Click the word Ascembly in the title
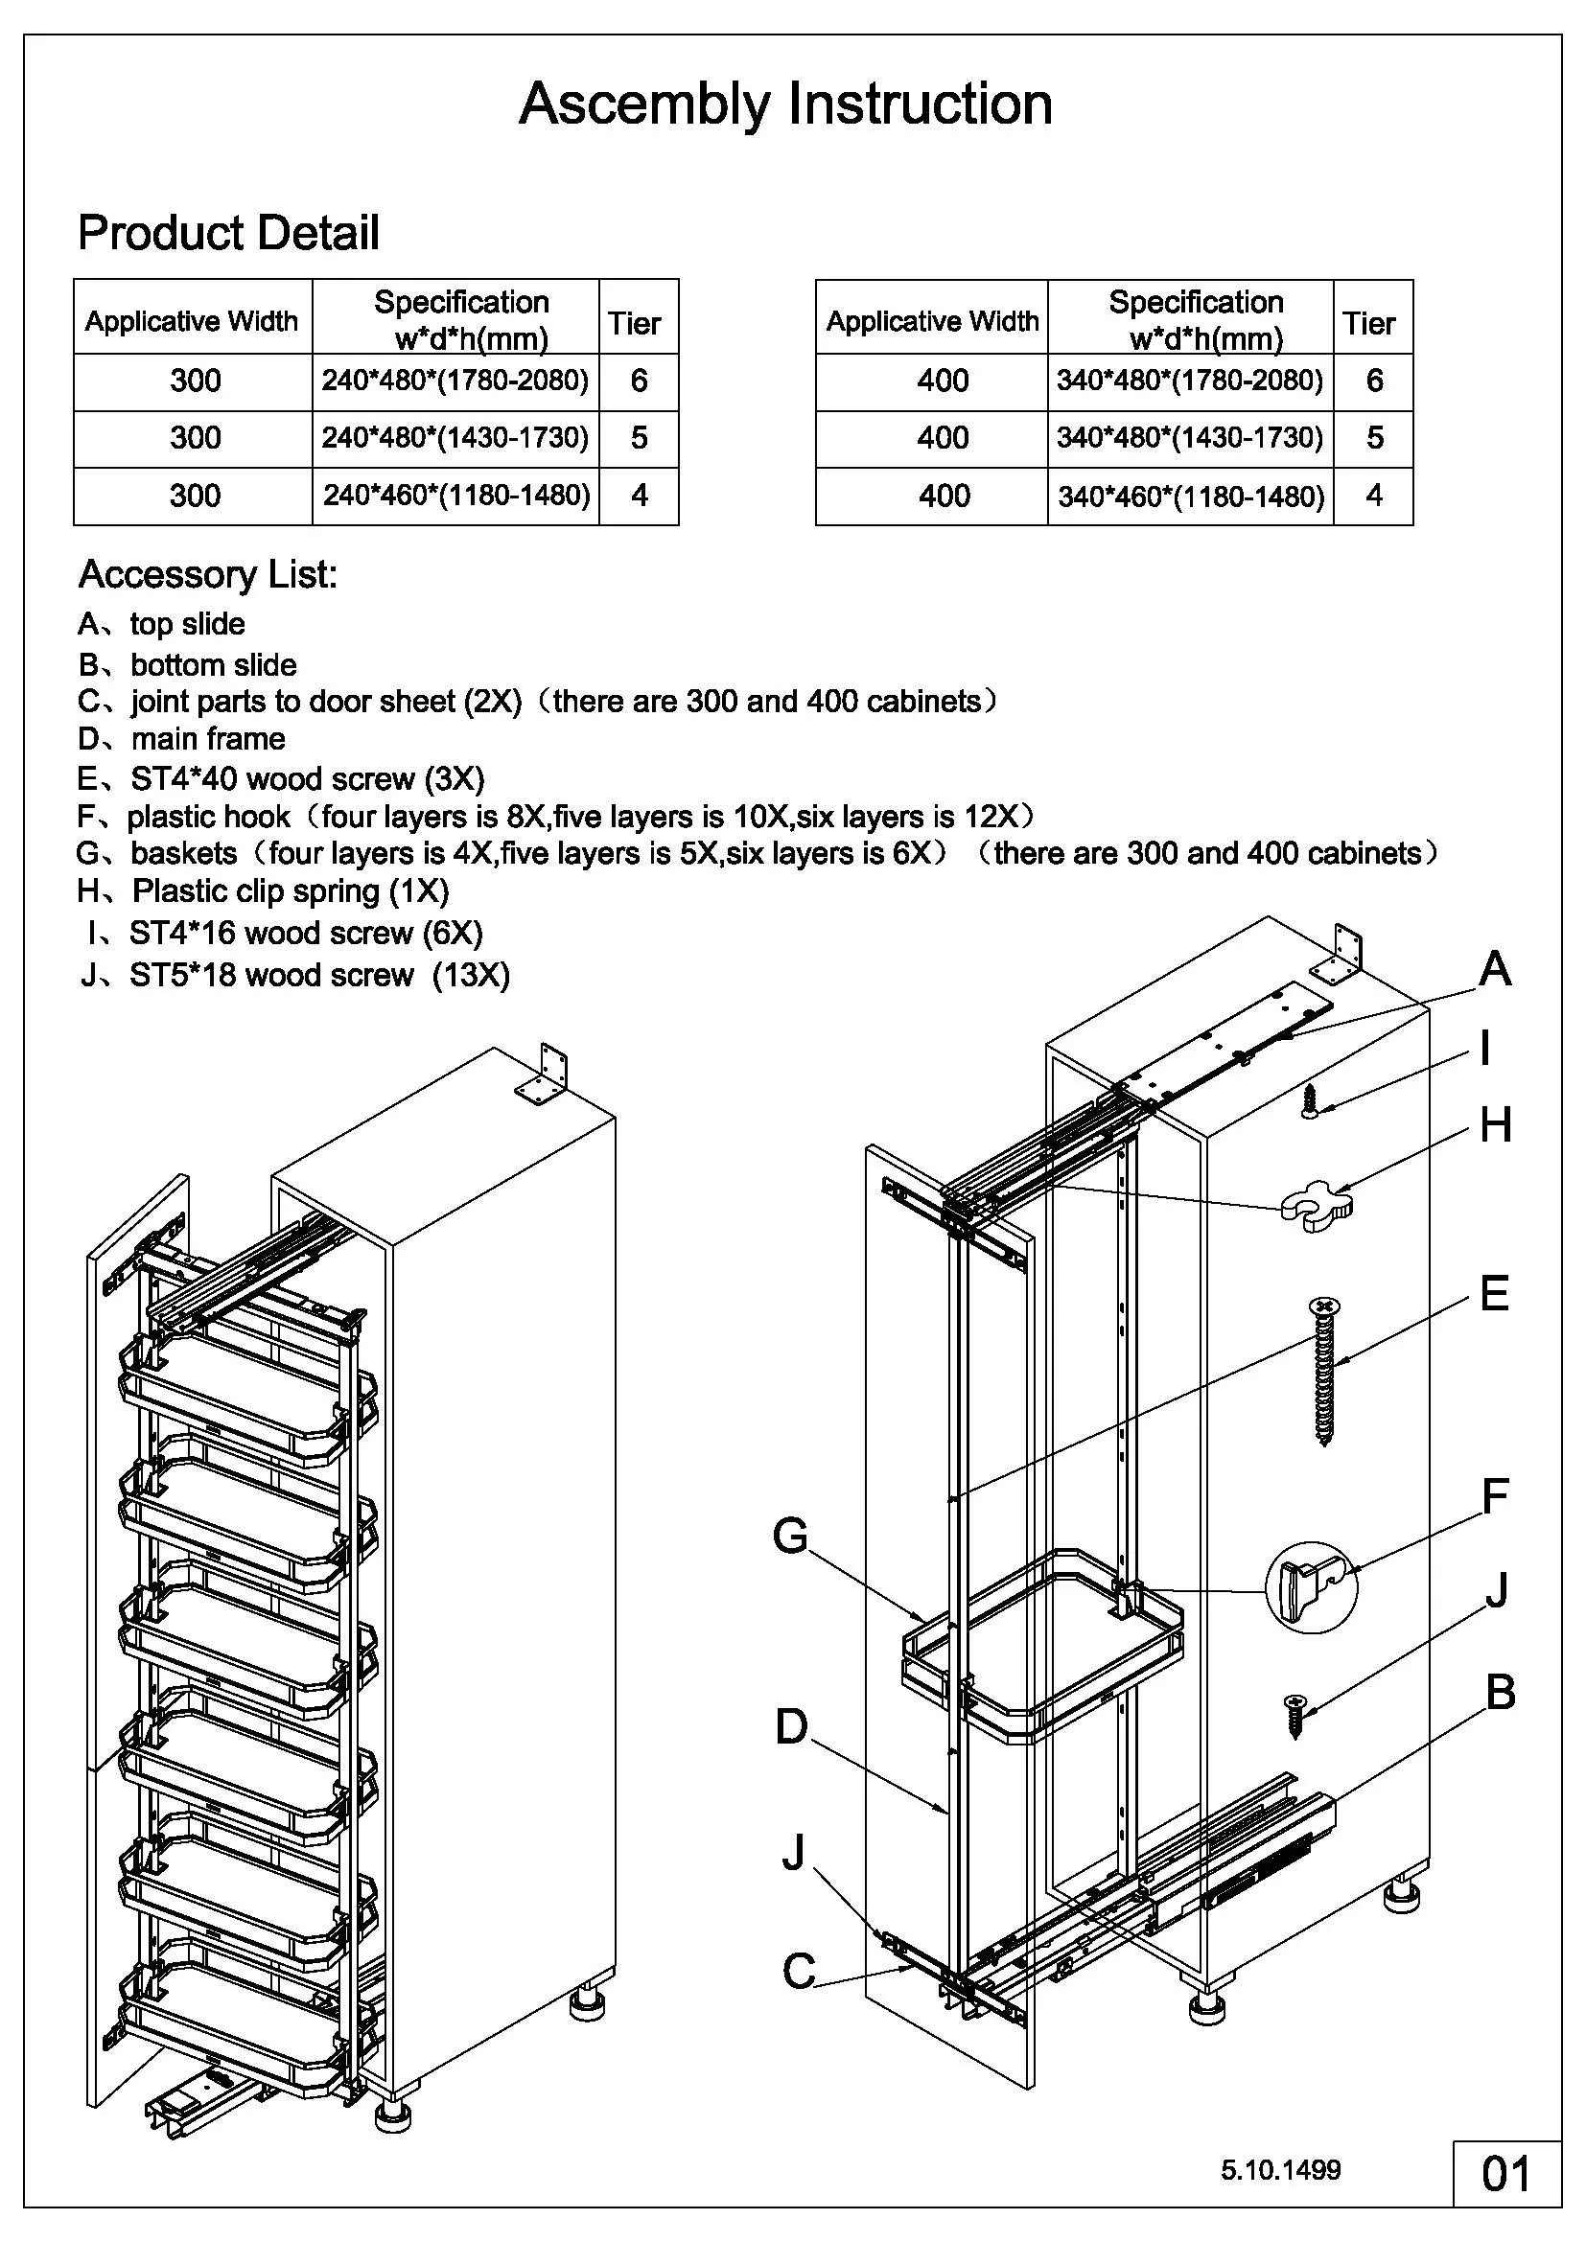tap(643, 105)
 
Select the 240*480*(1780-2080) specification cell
tap(455, 381)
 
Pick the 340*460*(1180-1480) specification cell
tap(1191, 497)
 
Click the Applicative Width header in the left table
tap(192, 321)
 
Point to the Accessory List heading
tap(207, 574)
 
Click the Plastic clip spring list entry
tap(264, 890)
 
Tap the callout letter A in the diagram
tap(1495, 970)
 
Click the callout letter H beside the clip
tap(1495, 1126)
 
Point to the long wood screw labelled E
tap(1323, 1371)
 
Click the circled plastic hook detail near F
tap(1311, 1585)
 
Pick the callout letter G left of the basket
tap(790, 1536)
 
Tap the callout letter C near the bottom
tap(799, 1971)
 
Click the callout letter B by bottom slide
tap(1500, 1692)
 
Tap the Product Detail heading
tap(228, 233)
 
